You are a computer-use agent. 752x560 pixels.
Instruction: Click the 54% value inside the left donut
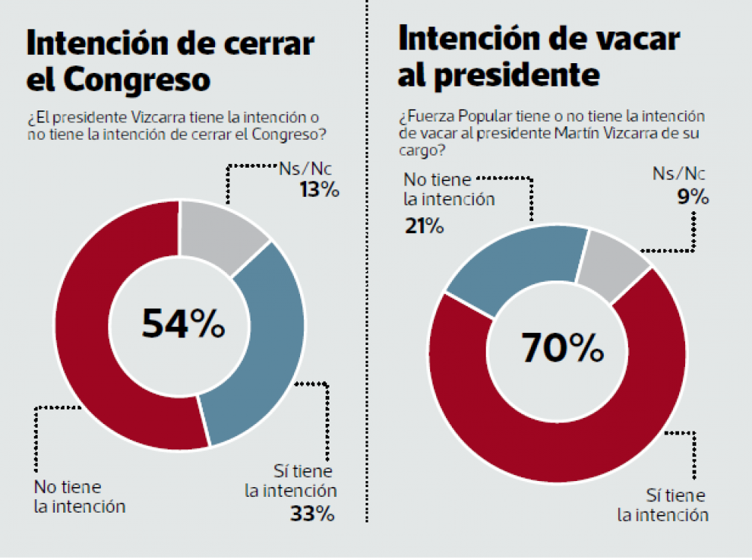pos(183,324)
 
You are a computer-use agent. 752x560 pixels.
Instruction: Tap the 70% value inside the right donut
pos(562,347)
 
